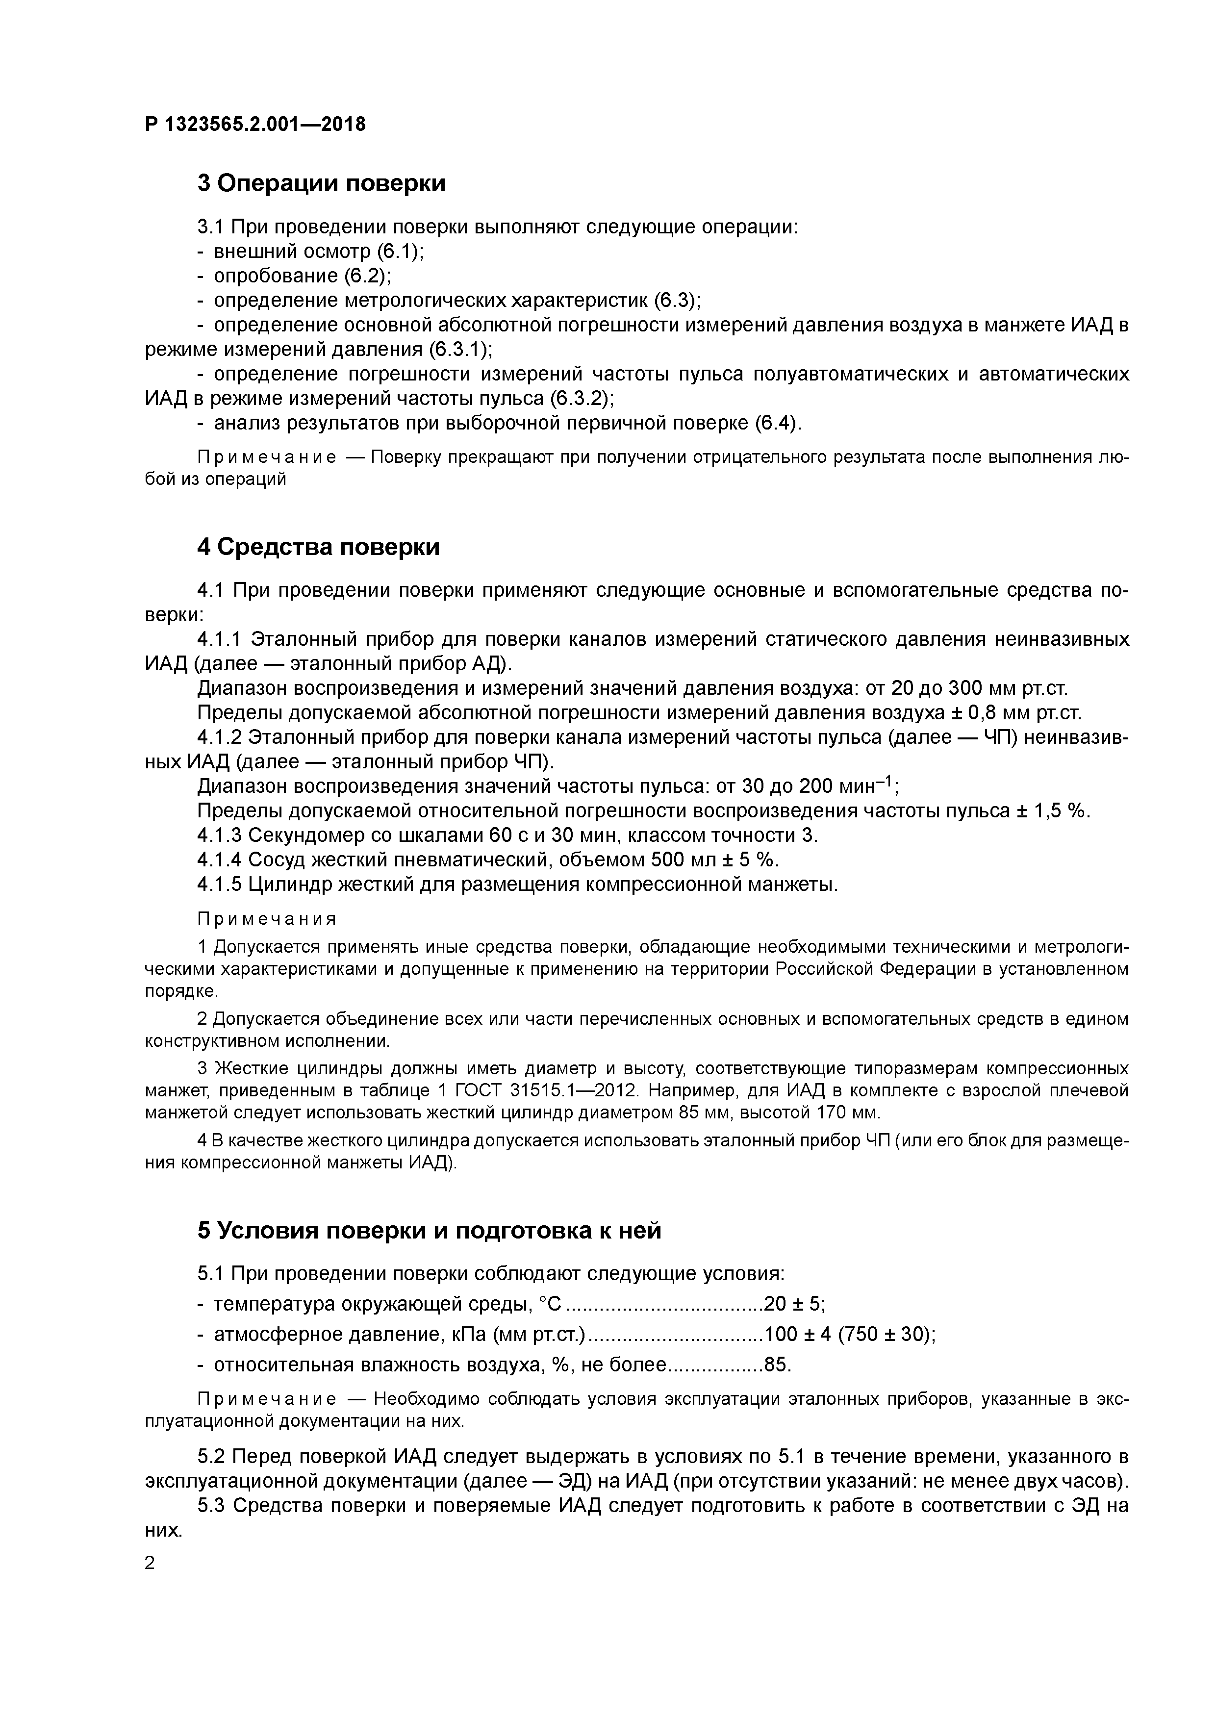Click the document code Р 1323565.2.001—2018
[255, 125]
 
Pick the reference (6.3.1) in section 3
[460, 350]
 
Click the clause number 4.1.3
[219, 835]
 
